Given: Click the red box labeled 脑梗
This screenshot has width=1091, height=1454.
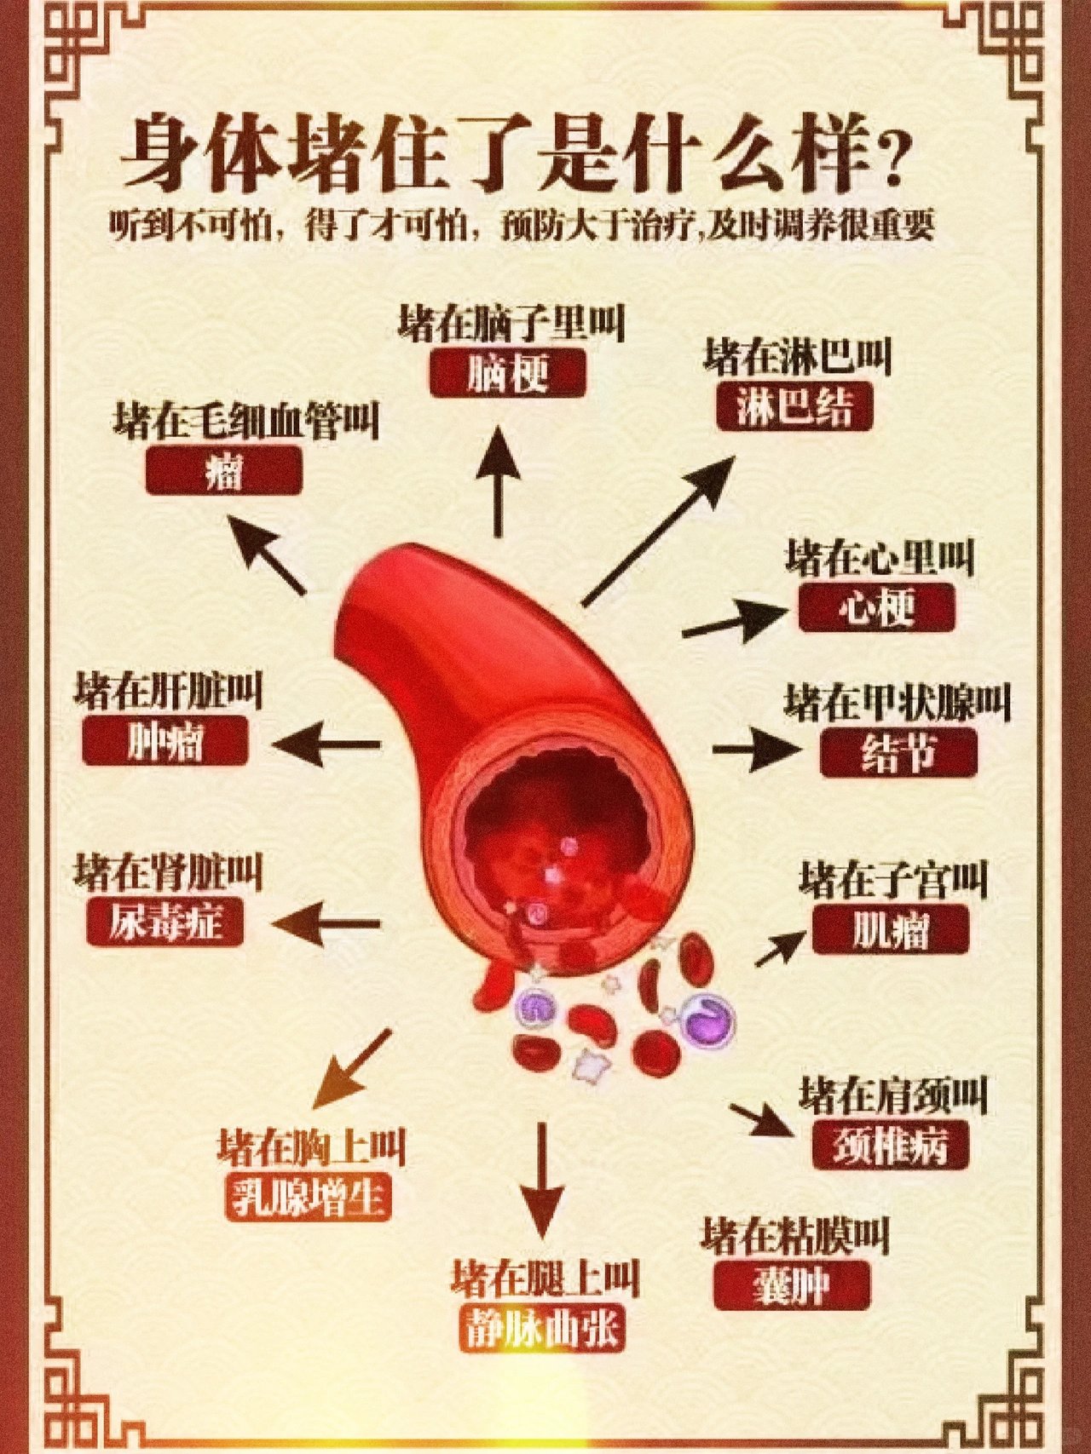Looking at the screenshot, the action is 508,373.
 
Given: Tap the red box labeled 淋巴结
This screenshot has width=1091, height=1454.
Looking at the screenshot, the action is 794,405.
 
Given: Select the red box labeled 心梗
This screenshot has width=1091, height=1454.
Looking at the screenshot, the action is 877,607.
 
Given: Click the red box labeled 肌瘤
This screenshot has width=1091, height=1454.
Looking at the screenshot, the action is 891,929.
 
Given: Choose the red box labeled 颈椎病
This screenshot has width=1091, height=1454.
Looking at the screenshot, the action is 891,1145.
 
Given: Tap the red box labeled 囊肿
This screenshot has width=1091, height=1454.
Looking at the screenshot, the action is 792,1285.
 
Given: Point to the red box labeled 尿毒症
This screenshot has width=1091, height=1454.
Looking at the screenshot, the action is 165,922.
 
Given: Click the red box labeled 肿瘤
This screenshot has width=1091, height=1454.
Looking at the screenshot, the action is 165,740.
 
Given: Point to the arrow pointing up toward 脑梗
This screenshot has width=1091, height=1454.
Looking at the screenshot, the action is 497,481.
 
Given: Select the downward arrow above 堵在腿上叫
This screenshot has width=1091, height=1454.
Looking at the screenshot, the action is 541,1180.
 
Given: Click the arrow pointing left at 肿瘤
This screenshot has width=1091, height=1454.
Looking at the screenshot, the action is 326,744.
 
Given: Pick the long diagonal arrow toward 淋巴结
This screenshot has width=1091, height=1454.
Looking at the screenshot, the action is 658,531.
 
